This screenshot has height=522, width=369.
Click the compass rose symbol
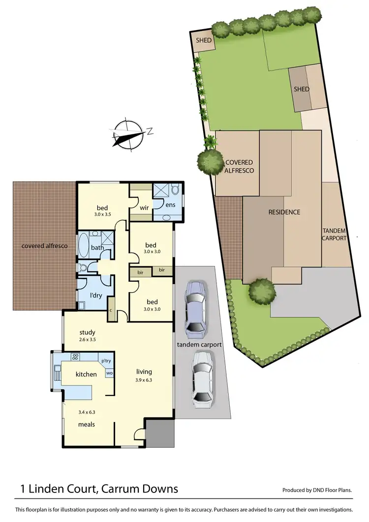click(x=129, y=133)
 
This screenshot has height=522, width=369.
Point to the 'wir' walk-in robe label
click(x=144, y=208)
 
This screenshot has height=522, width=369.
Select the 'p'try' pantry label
click(x=106, y=360)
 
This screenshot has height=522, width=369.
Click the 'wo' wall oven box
click(x=109, y=373)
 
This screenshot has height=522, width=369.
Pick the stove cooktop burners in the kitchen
click(x=76, y=357)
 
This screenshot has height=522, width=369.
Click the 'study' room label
click(x=87, y=332)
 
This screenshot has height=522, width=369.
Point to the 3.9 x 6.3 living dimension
click(x=144, y=380)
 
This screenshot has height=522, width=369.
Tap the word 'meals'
click(x=86, y=424)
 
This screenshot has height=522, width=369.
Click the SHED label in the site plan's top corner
click(x=203, y=41)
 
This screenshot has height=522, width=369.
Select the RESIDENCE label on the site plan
click(x=284, y=212)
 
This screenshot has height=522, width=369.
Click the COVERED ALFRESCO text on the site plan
click(x=239, y=166)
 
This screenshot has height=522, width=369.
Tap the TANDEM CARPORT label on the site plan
click(x=335, y=234)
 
